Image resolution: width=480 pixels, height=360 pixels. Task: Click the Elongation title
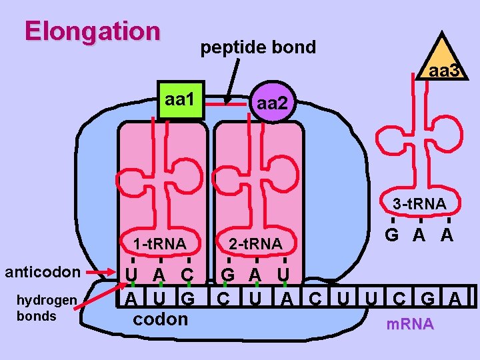[93, 31]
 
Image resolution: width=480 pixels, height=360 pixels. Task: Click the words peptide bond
[258, 48]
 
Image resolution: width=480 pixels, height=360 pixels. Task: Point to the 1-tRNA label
[159, 244]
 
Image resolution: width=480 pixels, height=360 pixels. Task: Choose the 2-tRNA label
[255, 244]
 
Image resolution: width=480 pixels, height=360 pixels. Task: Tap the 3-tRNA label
[419, 204]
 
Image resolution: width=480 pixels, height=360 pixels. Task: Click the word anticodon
[43, 272]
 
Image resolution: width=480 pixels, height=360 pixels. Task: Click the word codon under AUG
[161, 319]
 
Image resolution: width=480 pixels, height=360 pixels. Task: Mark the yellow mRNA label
[410, 325]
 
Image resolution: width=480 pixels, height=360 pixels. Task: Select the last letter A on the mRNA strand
[454, 297]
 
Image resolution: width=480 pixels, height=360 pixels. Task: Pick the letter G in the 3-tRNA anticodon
[393, 235]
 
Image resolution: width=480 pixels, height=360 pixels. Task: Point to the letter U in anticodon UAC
[132, 274]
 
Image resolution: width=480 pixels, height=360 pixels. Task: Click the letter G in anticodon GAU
[228, 274]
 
